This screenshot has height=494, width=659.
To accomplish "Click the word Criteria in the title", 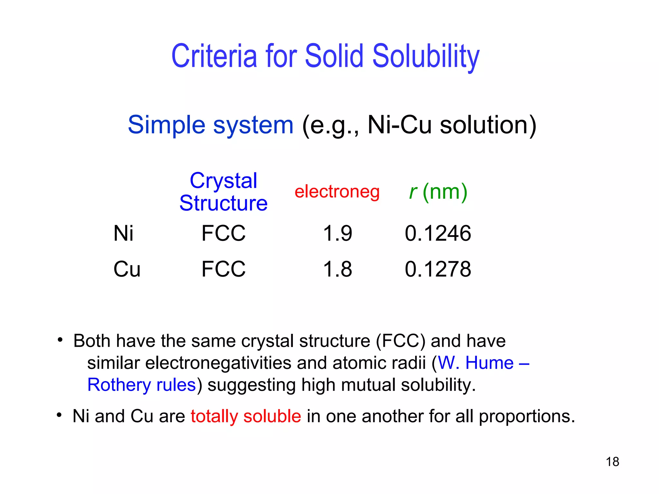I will pos(214,56).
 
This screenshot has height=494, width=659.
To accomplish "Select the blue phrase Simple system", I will pos(210,125).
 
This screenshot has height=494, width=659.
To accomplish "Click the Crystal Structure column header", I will pos(223,192).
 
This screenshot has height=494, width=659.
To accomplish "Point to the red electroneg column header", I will pos(337,192).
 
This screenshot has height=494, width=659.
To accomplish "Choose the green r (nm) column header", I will pos(438,192).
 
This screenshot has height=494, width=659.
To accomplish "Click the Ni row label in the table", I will pos(123,233).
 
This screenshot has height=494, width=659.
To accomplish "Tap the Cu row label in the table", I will pos(127,269).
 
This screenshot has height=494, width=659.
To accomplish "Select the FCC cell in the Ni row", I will pos(223,233).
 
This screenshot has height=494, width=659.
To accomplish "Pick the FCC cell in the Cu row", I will pos(223,269).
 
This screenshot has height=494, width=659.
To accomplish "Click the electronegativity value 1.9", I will pos(337,233).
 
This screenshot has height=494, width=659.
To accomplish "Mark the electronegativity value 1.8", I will pos(337,269).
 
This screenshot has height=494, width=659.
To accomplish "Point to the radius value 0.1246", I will pos(438,233).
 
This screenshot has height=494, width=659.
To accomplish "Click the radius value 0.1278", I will pos(438,269).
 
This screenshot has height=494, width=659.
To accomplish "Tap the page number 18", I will pos(612,462).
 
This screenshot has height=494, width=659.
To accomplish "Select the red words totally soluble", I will pos(246,416).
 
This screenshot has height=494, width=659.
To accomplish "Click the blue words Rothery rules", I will pos(142,385).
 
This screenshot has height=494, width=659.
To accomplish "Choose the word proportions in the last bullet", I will pos(526,416).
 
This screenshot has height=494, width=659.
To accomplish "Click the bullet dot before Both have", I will pos(60,340).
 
